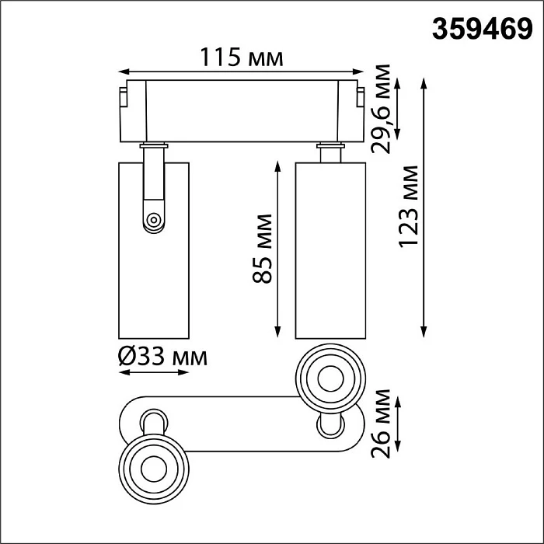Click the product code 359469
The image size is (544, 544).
(483, 30)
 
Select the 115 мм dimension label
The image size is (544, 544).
(242, 58)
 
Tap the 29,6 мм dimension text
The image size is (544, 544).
(381, 109)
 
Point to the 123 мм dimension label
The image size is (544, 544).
(408, 207)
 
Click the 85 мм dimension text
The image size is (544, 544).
(263, 249)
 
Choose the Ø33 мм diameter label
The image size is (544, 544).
(162, 357)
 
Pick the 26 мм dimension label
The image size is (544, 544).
(381, 424)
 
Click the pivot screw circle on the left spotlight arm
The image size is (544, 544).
(153, 220)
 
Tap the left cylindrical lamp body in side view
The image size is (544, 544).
(154, 250)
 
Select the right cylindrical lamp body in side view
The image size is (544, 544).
(330, 250)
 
